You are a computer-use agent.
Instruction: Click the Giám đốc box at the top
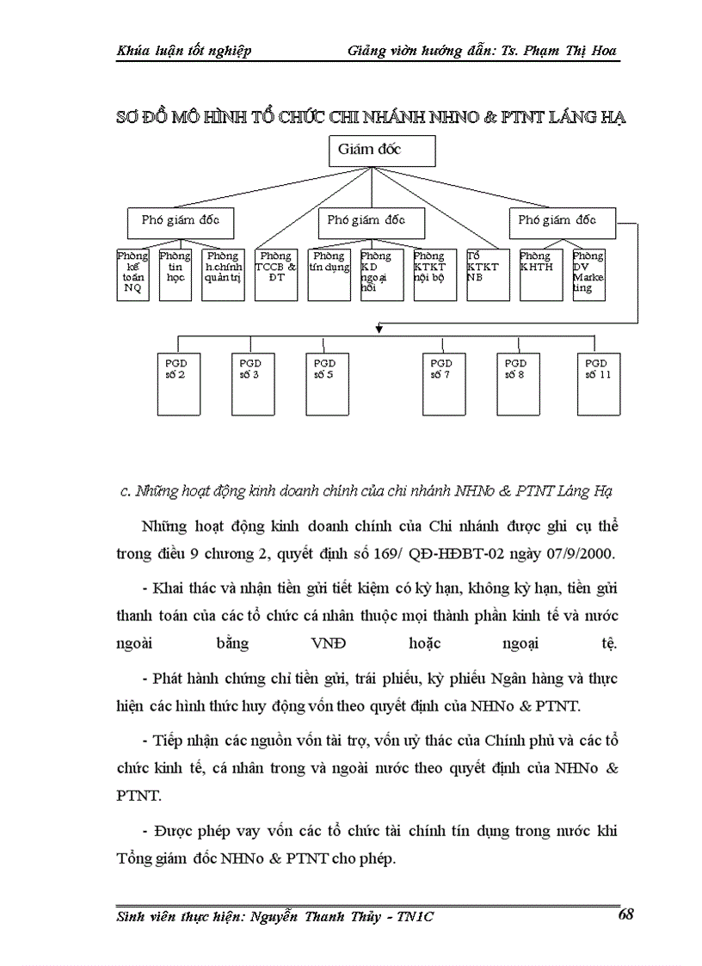coord(382,151)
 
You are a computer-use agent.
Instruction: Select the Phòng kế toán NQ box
coord(132,274)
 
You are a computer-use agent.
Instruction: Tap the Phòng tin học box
coord(175,274)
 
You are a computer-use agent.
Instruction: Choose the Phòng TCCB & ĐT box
coord(276,274)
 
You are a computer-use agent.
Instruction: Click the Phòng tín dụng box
coord(329,274)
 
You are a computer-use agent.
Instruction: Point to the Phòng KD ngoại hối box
coord(381,274)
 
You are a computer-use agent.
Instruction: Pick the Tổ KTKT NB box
coord(488,274)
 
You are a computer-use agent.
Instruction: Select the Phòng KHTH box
coord(540,274)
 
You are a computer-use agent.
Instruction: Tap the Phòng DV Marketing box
coord(589,274)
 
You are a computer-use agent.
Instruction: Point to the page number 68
coord(625,915)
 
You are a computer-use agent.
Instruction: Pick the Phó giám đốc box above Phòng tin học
coord(181,220)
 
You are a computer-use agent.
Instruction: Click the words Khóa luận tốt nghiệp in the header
coord(183,50)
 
